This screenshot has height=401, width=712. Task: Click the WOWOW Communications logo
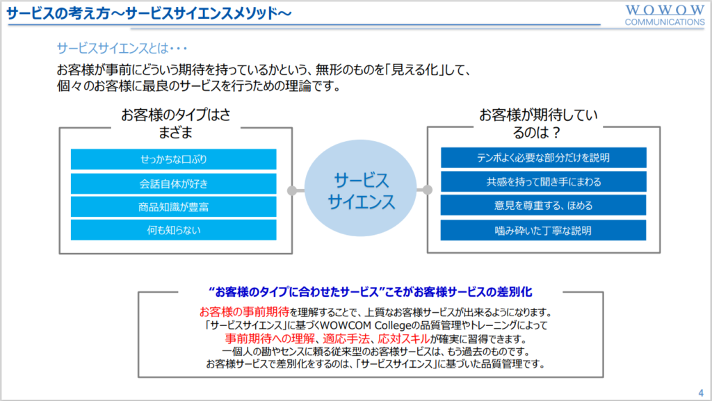click(665, 15)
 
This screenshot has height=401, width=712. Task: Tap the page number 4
click(701, 393)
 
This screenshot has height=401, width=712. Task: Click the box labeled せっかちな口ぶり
click(173, 159)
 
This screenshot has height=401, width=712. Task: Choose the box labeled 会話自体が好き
click(173, 183)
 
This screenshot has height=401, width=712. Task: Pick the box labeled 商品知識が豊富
click(173, 207)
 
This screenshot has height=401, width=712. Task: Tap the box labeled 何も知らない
click(173, 230)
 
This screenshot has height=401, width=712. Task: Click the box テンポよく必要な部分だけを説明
click(544, 157)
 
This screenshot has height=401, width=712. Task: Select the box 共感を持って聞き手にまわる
click(544, 181)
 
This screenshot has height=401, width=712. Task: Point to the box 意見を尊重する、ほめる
click(544, 206)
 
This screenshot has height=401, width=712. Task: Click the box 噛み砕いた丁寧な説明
click(544, 231)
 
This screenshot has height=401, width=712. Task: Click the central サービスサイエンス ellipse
click(361, 188)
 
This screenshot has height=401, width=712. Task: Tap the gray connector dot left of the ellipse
click(293, 190)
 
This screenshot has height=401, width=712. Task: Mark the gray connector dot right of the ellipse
click(428, 190)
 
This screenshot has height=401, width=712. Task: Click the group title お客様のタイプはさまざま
click(176, 123)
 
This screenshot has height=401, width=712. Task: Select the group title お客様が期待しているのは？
click(539, 123)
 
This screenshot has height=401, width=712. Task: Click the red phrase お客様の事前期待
click(244, 312)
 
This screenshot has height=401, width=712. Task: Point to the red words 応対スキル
click(404, 338)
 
